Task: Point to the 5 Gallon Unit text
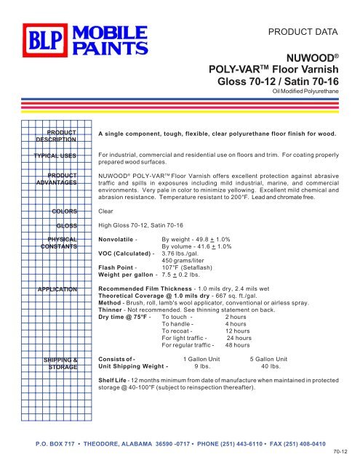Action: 269,360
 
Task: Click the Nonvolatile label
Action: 119,239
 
